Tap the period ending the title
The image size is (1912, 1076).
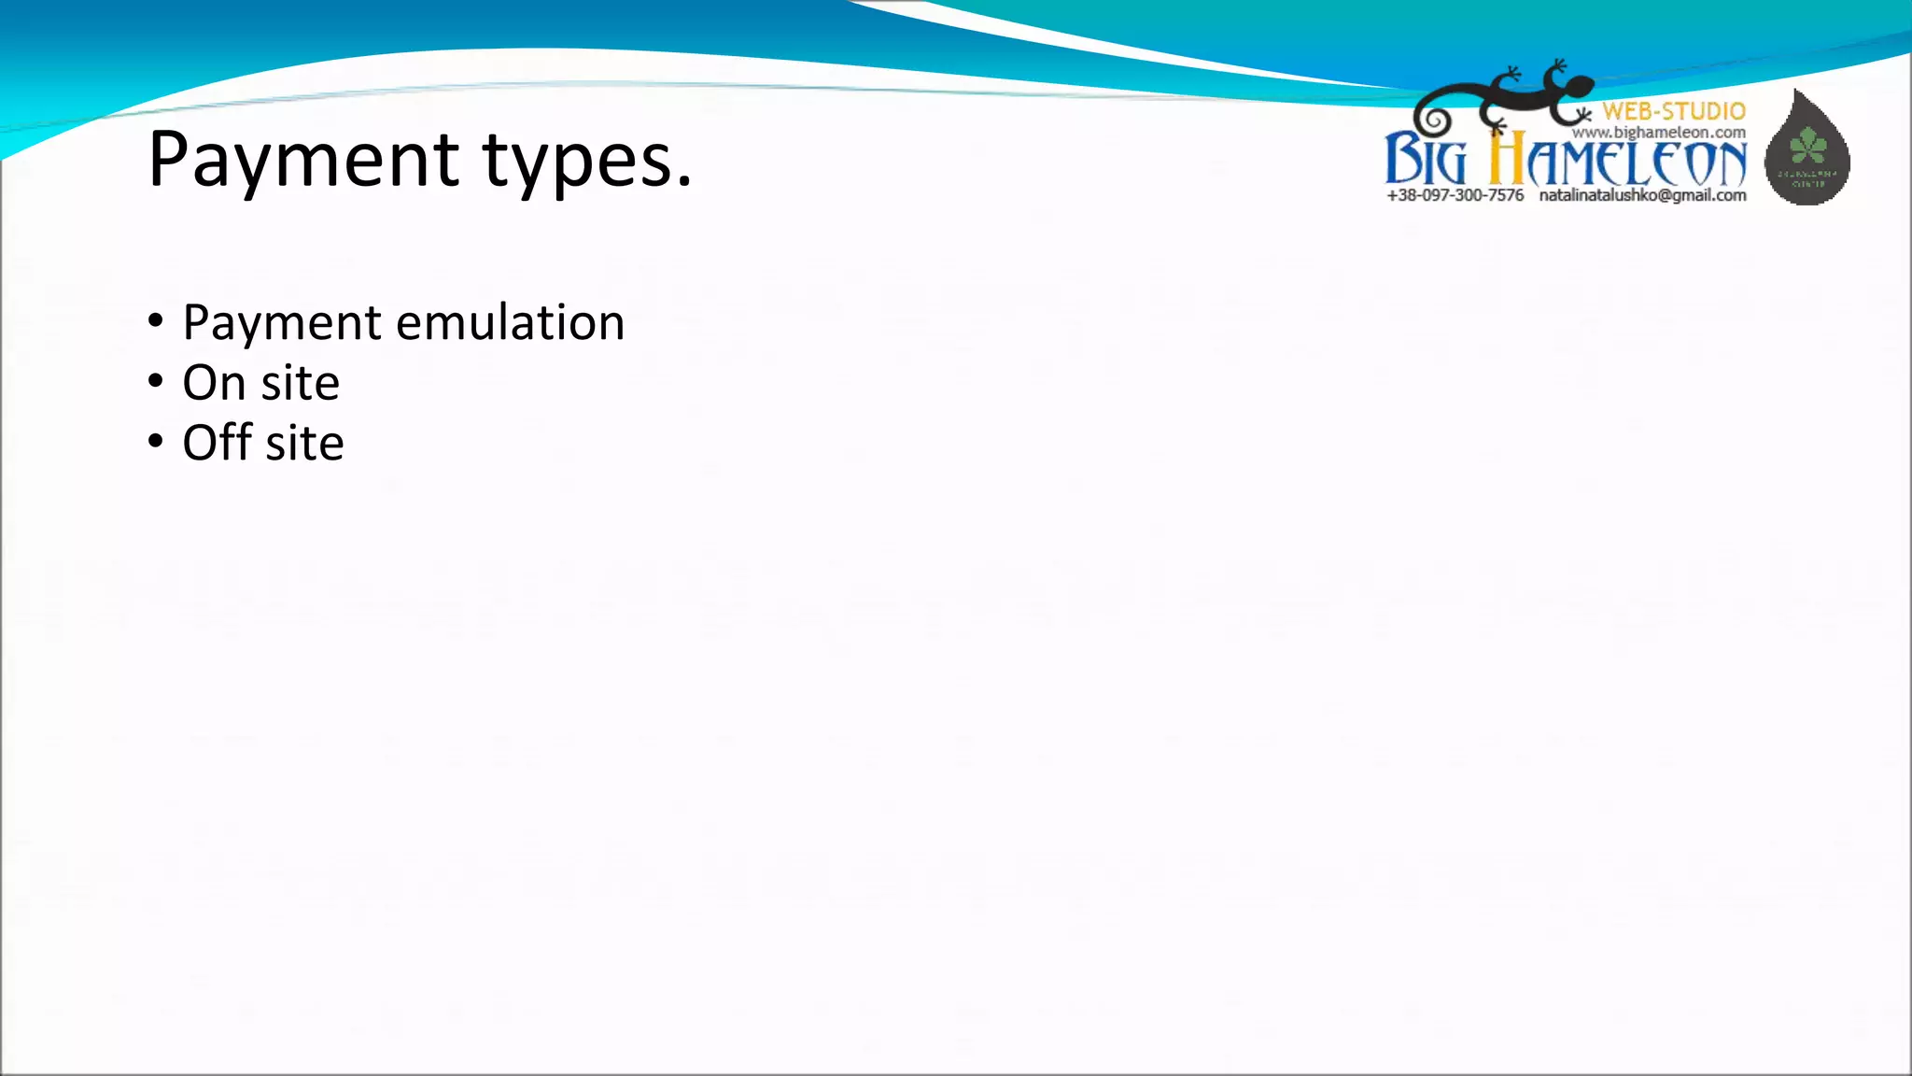[684, 183]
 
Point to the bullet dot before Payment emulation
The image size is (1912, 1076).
[156, 322]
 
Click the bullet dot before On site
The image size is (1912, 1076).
[156, 381]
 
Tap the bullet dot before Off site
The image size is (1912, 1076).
[156, 441]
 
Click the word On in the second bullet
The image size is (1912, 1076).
[214, 383]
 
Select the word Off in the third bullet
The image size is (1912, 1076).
[217, 442]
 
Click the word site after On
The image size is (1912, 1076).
[300, 383]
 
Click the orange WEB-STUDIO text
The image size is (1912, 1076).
[1674, 111]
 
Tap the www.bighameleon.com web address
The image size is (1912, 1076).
[1658, 133]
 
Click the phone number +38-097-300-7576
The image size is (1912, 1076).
[1455, 195]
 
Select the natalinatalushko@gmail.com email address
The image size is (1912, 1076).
[1642, 195]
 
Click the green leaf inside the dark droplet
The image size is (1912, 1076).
[1808, 145]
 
